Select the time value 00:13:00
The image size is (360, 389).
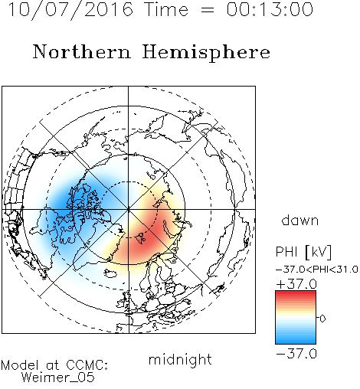click(270, 10)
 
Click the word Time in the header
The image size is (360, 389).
click(166, 10)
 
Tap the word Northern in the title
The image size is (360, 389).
click(82, 52)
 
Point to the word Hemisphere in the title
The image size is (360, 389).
click(206, 53)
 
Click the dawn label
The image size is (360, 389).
click(300, 220)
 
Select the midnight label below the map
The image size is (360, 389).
click(180, 359)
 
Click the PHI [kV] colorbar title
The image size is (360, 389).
click(303, 252)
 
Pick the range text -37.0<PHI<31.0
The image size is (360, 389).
click(317, 270)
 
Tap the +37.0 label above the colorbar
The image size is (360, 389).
click(296, 284)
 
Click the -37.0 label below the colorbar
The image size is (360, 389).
click(296, 354)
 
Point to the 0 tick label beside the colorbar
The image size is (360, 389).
click(322, 319)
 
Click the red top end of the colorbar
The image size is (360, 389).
click(296, 293)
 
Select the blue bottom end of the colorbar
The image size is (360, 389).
click(296, 341)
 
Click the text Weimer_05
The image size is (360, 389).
click(58, 378)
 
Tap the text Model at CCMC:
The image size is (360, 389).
click(54, 365)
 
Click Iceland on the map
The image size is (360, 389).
click(110, 273)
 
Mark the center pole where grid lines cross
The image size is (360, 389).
click(129, 209)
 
